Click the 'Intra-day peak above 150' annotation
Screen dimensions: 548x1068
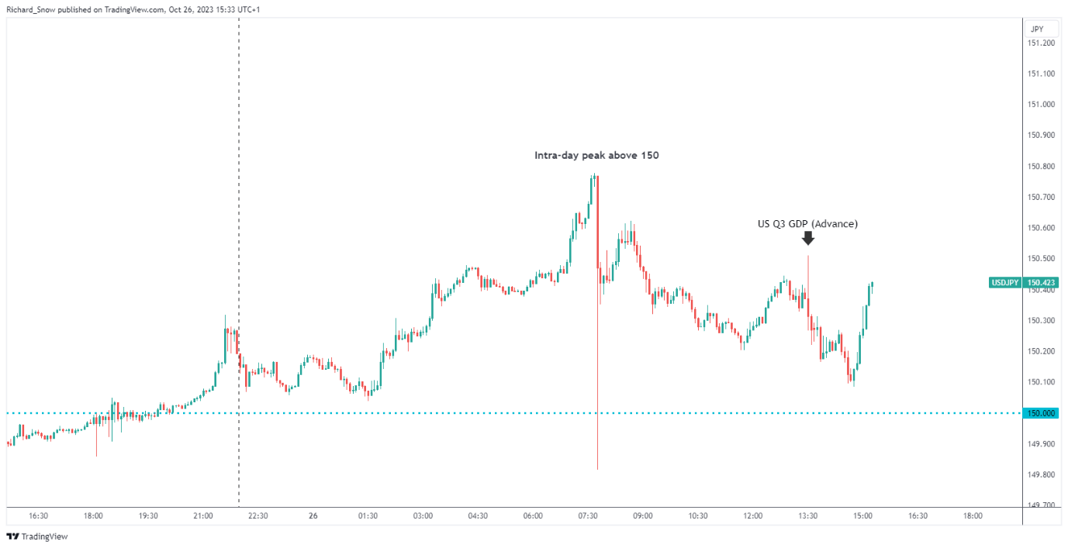(596, 156)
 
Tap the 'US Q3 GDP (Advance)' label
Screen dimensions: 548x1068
(807, 224)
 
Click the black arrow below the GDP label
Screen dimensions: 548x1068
(807, 238)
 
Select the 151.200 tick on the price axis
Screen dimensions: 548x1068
(1040, 43)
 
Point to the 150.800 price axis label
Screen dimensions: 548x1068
(1040, 167)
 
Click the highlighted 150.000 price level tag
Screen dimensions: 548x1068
(1041, 413)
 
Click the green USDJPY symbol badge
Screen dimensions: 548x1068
(1005, 283)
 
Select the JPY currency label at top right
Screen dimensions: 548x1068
(1036, 29)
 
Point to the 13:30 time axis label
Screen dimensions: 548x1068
(808, 515)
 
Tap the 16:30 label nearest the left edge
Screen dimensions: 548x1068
(38, 515)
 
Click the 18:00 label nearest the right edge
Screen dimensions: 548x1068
(973, 515)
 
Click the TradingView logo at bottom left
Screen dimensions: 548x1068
(37, 536)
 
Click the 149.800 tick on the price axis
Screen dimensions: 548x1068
(1040, 475)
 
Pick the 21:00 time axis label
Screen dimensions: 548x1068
(203, 515)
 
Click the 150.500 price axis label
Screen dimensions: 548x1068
(1040, 259)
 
